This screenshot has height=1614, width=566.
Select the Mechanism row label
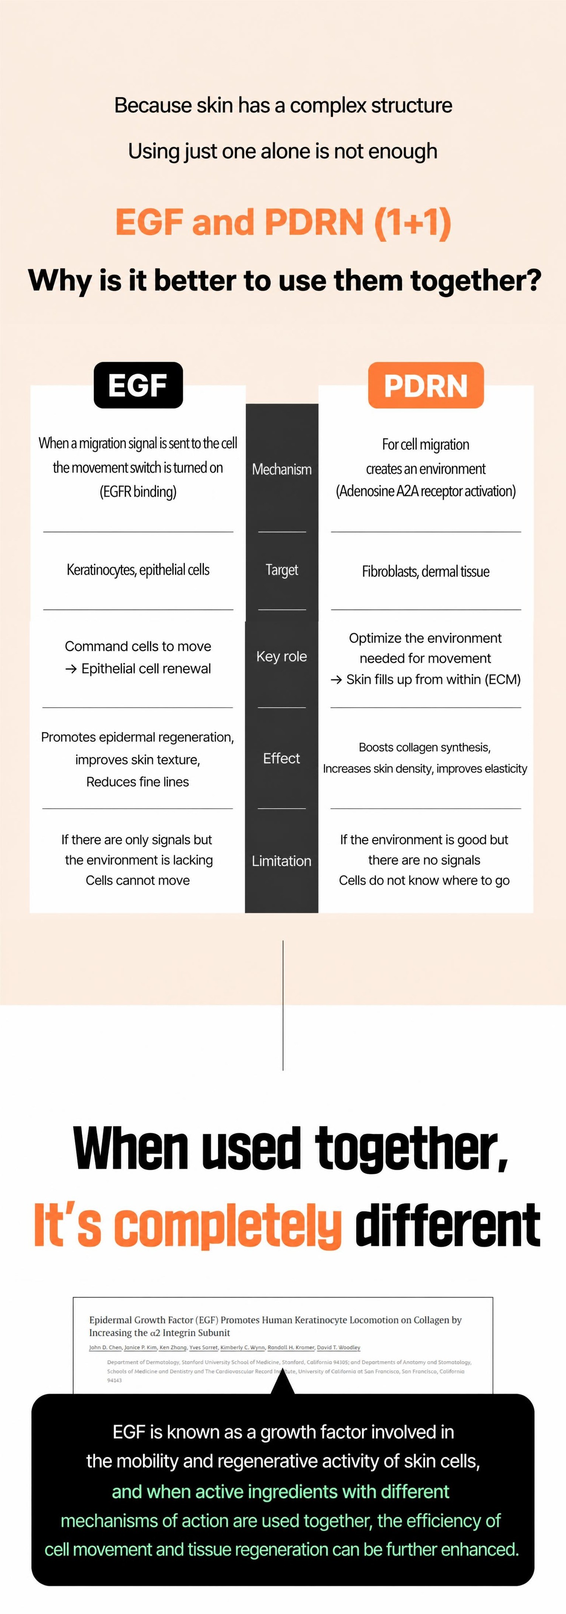[281, 469]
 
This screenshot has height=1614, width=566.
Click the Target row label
[281, 569]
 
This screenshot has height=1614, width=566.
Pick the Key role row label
[281, 656]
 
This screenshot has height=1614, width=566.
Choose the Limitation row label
[281, 861]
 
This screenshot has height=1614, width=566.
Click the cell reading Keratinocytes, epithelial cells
[138, 569]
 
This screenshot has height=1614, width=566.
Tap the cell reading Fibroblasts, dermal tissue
[426, 571]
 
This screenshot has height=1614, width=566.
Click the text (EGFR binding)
[138, 491]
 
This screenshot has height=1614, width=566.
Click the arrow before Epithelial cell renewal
[71, 669]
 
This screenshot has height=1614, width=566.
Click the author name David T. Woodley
[338, 1347]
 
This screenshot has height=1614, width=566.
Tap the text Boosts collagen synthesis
[424, 747]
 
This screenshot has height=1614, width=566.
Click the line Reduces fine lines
[138, 782]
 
